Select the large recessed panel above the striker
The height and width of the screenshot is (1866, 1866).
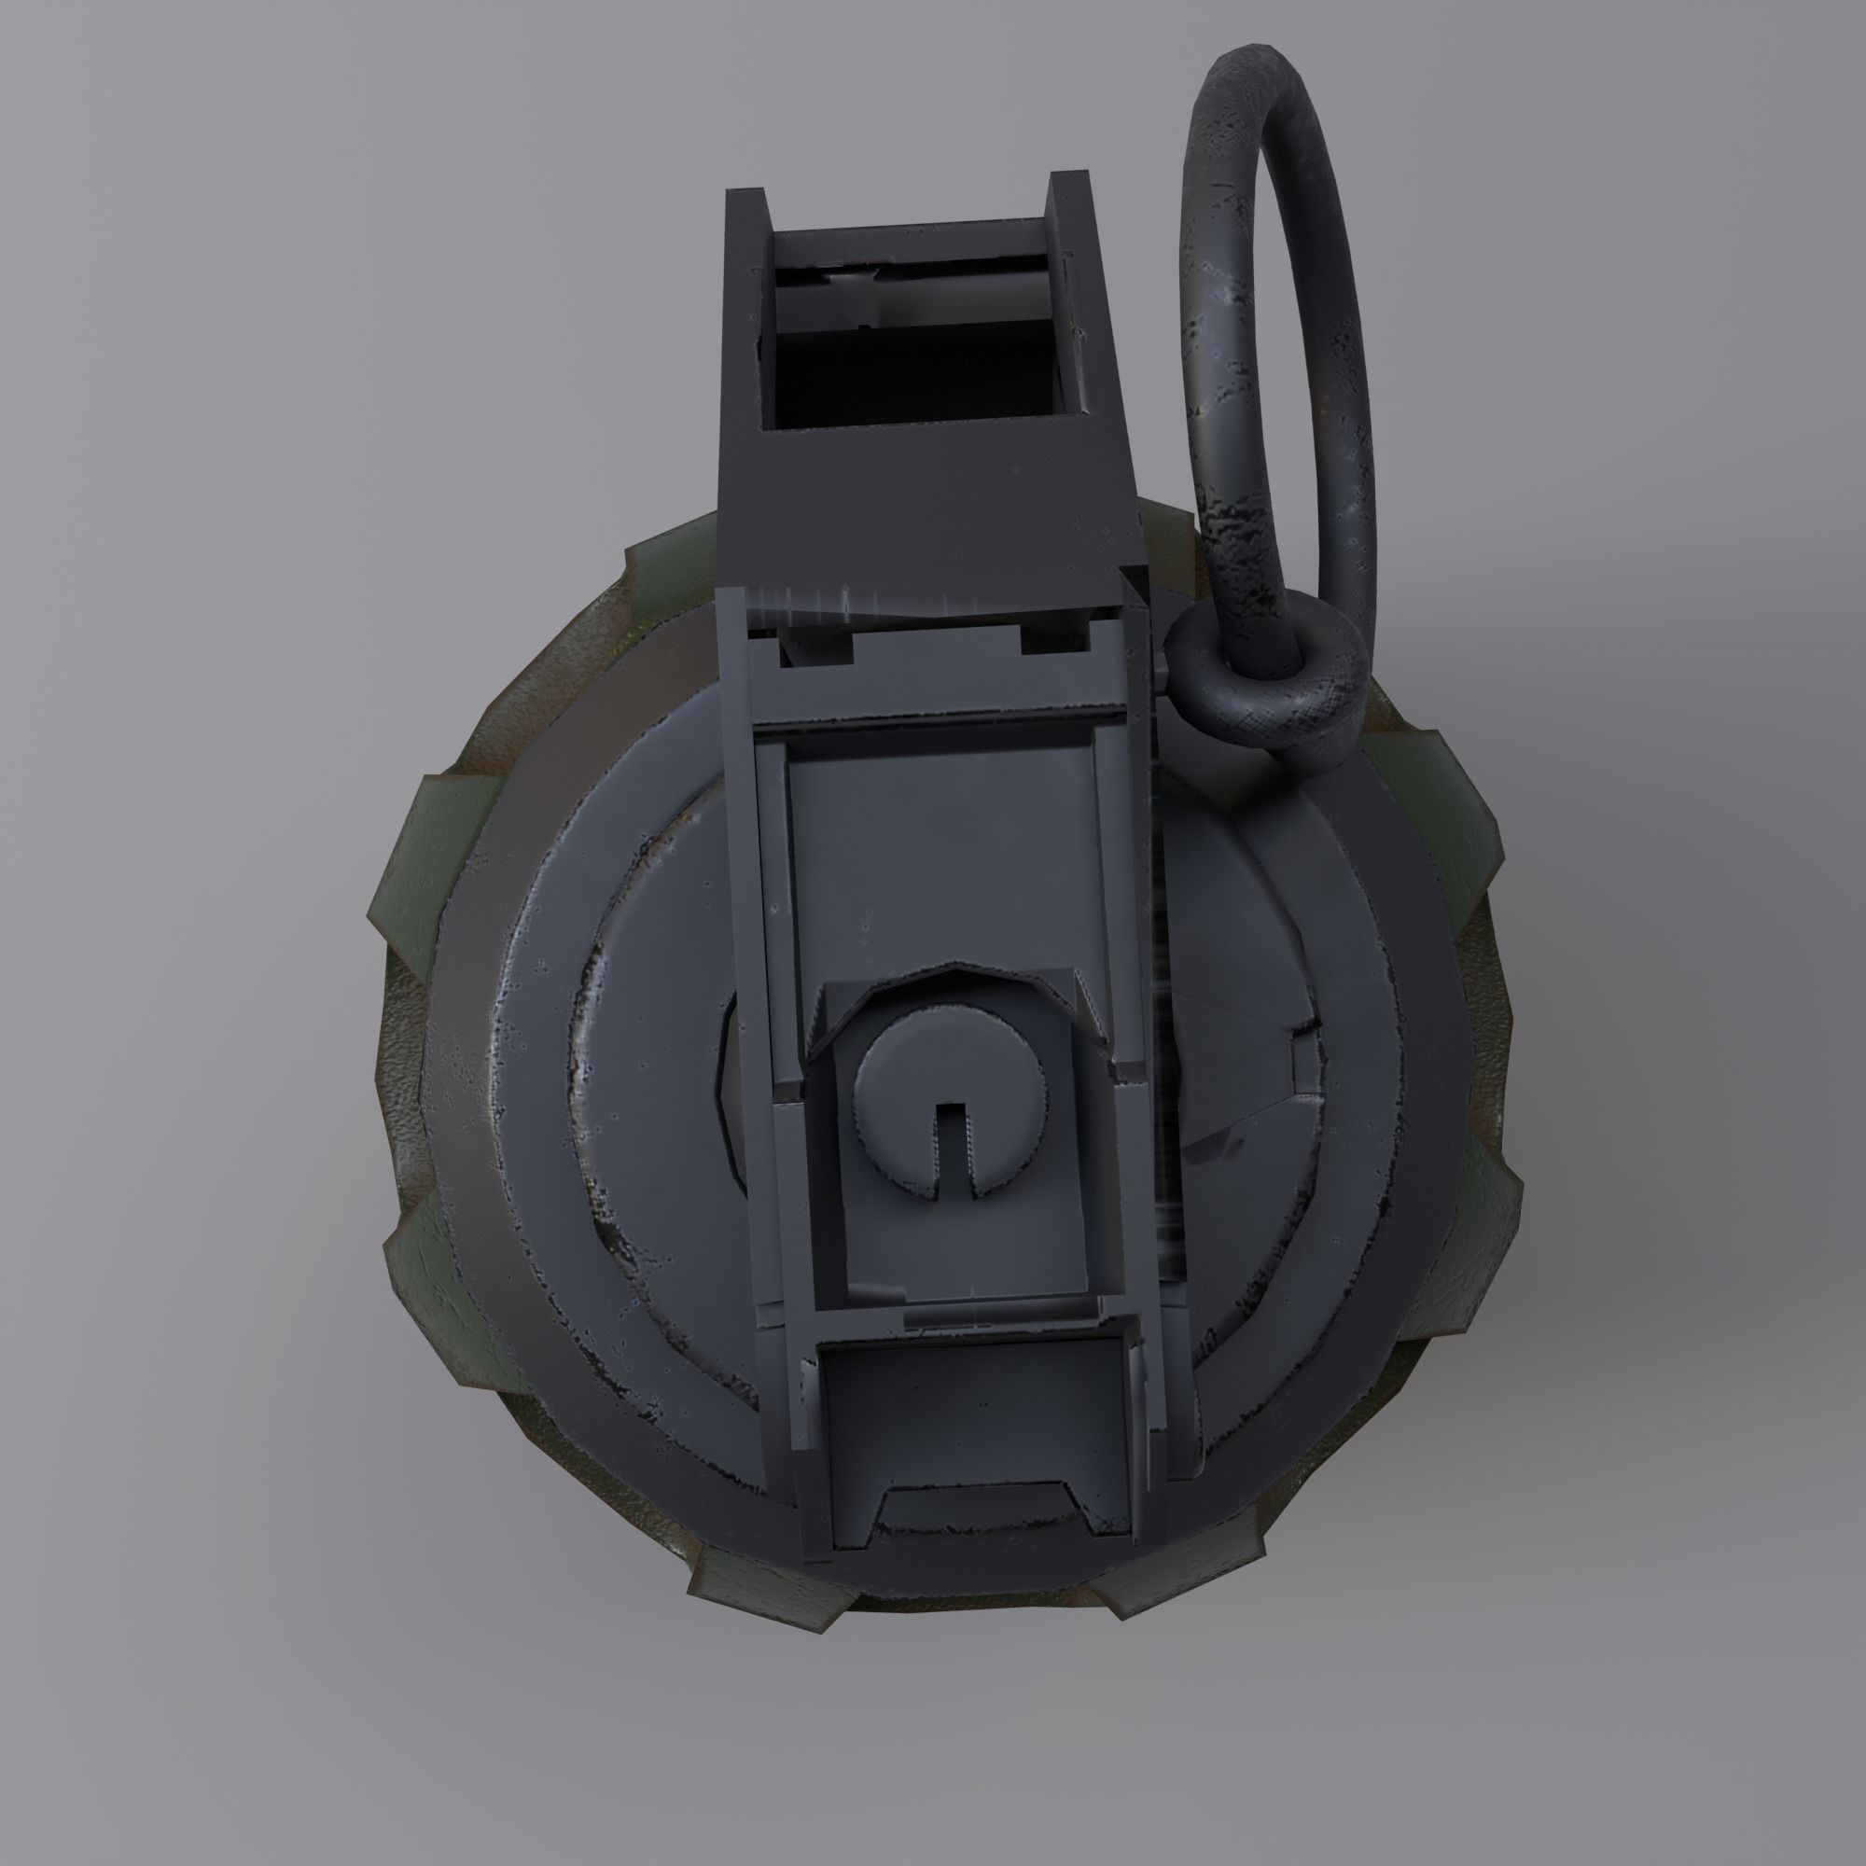click(x=941, y=850)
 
